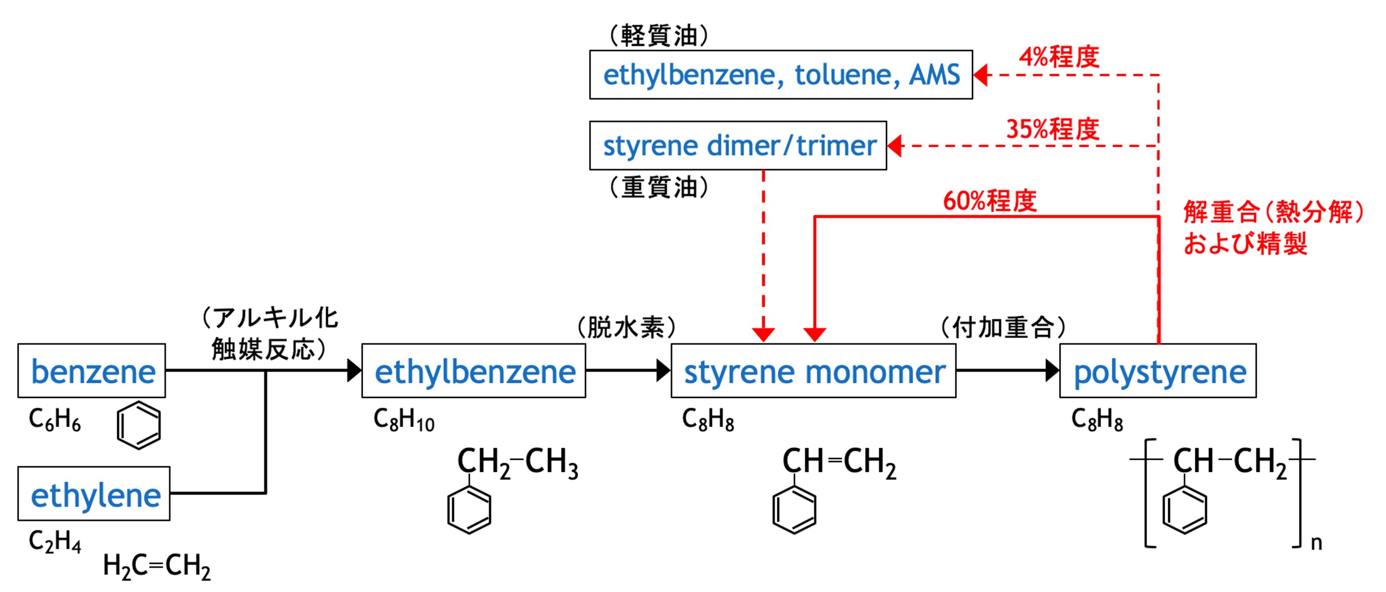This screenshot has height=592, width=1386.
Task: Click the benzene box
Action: click(x=92, y=371)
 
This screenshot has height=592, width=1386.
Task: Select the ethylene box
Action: click(x=94, y=493)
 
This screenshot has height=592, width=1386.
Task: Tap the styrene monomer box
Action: click(x=813, y=371)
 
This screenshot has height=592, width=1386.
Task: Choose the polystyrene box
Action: click(x=1158, y=371)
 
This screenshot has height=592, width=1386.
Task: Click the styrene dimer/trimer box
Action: click(x=738, y=145)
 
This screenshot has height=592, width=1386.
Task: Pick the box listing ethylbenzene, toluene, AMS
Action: click(x=781, y=74)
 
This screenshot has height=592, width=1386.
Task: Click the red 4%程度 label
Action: click(x=1059, y=56)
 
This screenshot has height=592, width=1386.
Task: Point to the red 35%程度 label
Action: click(x=1053, y=129)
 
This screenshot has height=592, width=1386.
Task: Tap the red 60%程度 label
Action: click(x=990, y=201)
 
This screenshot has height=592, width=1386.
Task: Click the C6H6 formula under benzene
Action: click(x=55, y=419)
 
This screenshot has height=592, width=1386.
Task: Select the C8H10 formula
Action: click(x=404, y=419)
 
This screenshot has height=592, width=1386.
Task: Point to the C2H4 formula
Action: click(x=55, y=540)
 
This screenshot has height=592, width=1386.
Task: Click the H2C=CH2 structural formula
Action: click(x=156, y=566)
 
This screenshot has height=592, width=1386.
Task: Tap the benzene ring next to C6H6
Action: click(x=139, y=425)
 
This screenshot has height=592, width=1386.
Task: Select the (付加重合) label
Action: click(x=1004, y=327)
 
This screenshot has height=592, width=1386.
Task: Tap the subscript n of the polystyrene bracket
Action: click(x=1316, y=543)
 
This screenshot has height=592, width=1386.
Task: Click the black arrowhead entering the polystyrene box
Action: click(x=1052, y=371)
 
